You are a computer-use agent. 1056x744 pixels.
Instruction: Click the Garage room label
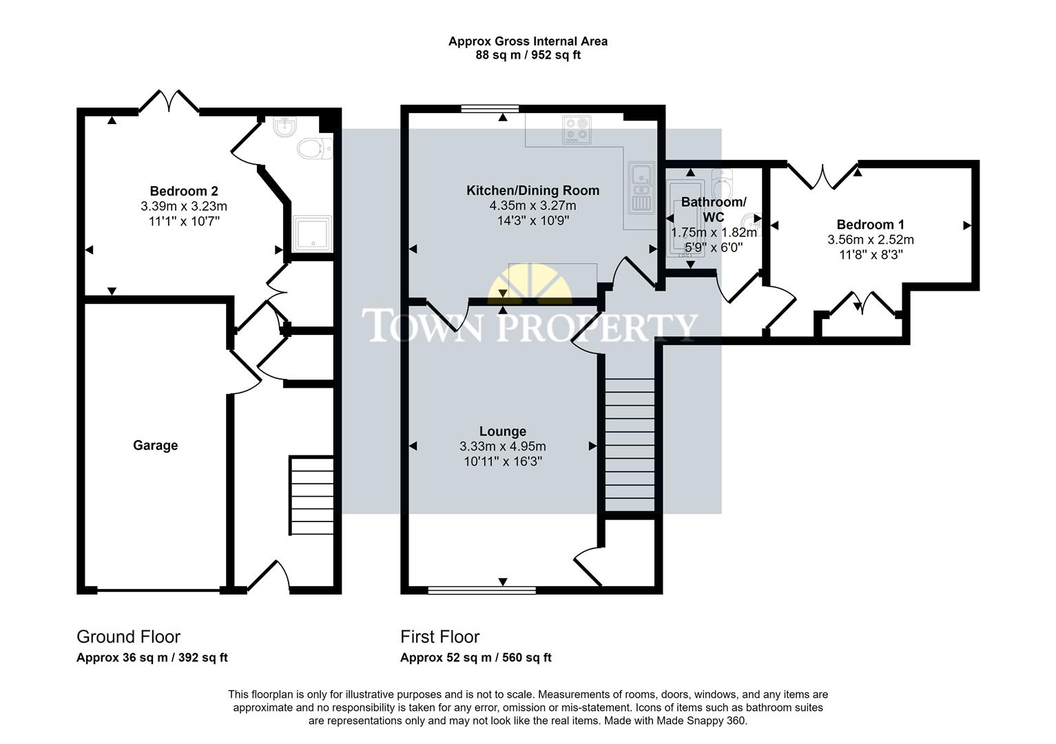tap(155, 446)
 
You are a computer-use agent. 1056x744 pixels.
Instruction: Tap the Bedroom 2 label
tap(184, 191)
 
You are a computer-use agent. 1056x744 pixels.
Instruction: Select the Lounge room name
tap(502, 431)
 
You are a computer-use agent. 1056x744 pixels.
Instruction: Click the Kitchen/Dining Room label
tap(532, 190)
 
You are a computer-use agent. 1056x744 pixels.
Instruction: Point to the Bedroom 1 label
tap(870, 225)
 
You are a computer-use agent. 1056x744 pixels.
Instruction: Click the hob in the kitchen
tap(577, 130)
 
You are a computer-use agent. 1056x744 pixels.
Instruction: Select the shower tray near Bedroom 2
tap(313, 234)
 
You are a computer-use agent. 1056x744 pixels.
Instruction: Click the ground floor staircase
tap(311, 495)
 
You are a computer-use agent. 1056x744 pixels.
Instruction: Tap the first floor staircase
tap(629, 444)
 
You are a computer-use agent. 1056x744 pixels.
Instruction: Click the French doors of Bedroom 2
tap(169, 101)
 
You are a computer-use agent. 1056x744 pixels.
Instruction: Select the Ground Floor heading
tap(128, 637)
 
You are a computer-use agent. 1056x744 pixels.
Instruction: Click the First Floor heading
tap(439, 637)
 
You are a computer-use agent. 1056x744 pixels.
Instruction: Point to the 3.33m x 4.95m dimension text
tap(502, 446)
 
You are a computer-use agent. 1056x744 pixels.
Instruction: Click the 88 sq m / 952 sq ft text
tap(528, 55)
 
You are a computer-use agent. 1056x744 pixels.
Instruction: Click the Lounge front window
tap(482, 590)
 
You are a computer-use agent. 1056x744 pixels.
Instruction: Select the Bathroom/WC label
tap(713, 209)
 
